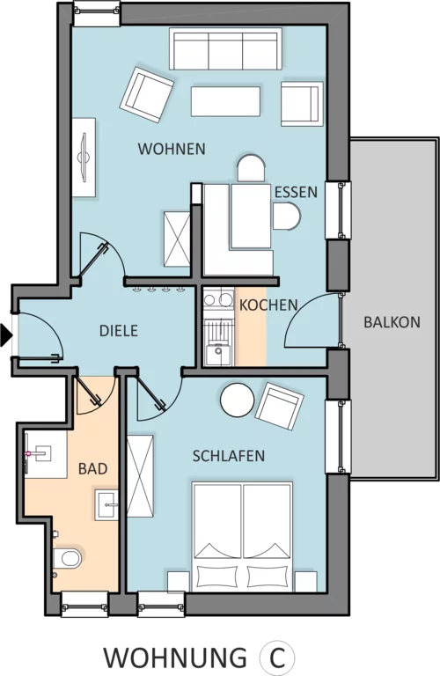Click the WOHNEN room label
click(172, 149)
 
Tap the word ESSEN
click(296, 192)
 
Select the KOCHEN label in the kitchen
click(268, 305)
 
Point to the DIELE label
click(119, 331)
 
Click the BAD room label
click(92, 468)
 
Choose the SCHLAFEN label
click(229, 456)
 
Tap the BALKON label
click(392, 322)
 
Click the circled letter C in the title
click(277, 658)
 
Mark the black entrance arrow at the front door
click(6, 335)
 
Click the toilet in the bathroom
click(69, 558)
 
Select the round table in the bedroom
click(237, 400)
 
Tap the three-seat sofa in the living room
click(225, 48)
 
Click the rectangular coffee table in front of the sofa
click(225, 101)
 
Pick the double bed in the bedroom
click(243, 537)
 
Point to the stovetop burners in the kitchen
click(218, 298)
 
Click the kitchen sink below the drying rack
click(217, 354)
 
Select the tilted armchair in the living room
click(147, 95)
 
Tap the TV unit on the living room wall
click(84, 158)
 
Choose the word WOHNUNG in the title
click(175, 658)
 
